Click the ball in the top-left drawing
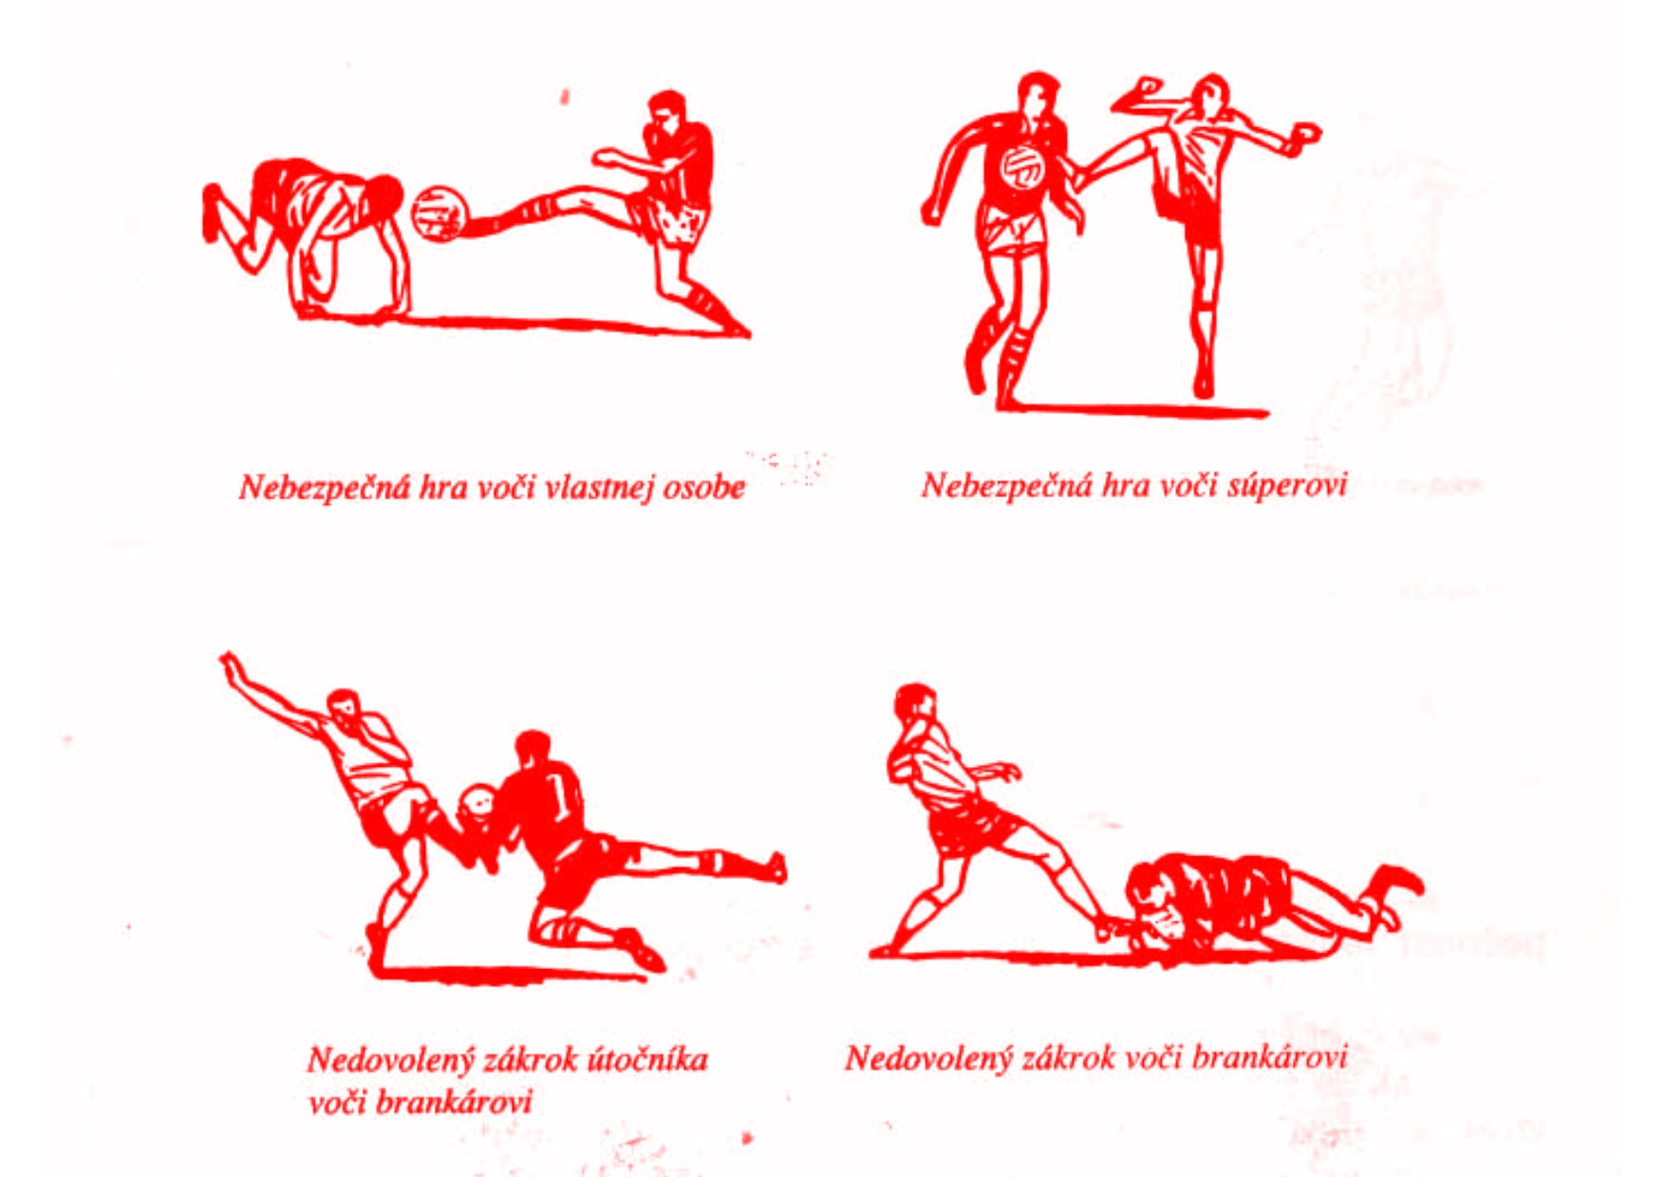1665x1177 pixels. tap(440, 213)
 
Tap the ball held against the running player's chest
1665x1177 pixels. tap(1022, 168)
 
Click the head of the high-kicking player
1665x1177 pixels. tap(1212, 95)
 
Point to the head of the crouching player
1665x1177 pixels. tap(384, 196)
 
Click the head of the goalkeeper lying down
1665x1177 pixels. tap(1151, 893)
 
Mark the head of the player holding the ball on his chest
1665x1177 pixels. tap(1038, 95)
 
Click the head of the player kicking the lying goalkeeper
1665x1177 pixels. tap(915, 704)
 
